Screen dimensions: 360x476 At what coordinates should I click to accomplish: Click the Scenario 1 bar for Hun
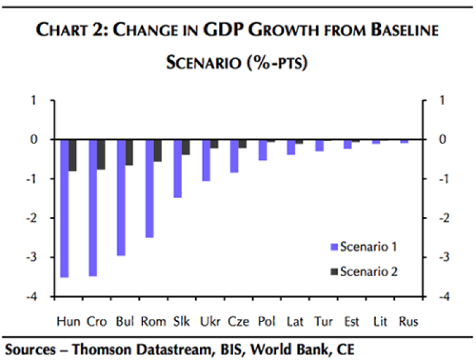64,208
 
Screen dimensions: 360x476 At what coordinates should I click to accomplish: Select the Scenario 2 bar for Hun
73,155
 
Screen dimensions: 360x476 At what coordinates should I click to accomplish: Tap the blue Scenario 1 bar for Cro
93,208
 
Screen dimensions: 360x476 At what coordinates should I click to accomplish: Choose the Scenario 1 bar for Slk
177,168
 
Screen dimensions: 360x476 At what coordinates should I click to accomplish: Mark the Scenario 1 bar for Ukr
206,160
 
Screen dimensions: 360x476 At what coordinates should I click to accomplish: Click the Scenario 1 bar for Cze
234,156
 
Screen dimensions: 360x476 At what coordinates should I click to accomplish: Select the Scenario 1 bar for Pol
262,150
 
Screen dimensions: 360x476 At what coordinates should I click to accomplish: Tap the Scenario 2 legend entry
363,271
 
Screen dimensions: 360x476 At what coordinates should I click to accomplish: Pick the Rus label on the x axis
408,322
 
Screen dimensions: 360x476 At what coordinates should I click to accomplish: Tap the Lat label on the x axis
295,322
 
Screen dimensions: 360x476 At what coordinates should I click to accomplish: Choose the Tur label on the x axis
323,322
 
